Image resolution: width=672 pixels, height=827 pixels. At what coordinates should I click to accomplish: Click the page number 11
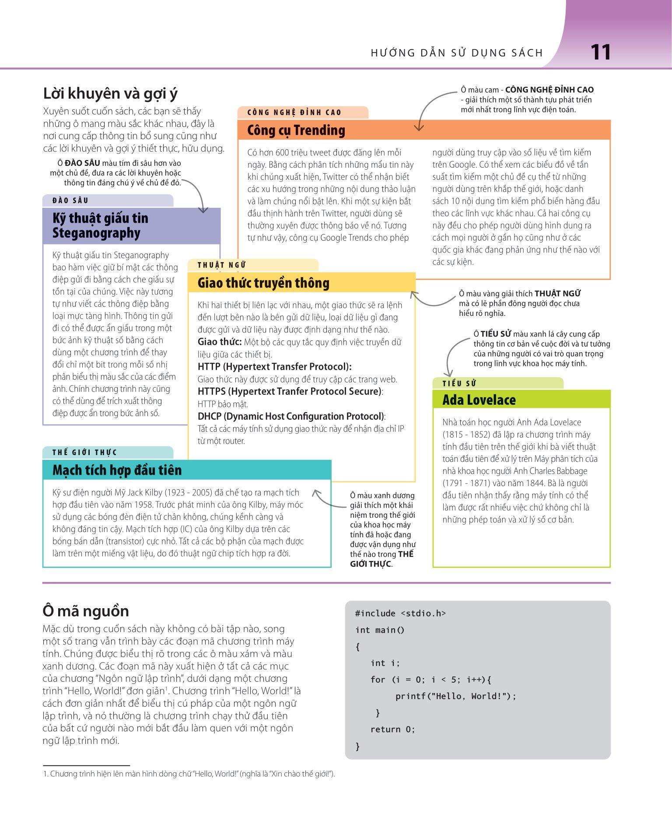[x=600, y=53]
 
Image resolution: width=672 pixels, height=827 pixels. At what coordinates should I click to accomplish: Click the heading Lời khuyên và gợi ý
[x=110, y=94]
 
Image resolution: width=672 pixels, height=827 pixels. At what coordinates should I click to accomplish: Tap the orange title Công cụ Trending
[x=296, y=130]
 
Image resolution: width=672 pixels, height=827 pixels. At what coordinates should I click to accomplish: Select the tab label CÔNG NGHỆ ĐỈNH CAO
[x=294, y=112]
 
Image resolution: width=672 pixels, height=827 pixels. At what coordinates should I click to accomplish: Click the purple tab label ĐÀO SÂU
[x=70, y=200]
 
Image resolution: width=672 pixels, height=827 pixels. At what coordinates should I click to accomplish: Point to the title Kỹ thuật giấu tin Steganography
[x=100, y=225]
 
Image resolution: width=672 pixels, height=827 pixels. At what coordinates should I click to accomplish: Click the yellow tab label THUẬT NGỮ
[x=222, y=265]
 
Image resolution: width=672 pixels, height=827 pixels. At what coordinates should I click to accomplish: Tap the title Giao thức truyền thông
[x=263, y=283]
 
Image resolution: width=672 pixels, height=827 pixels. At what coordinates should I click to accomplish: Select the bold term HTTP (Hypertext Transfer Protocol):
[x=274, y=367]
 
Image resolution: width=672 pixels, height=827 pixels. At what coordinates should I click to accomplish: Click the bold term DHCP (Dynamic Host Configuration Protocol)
[x=291, y=416]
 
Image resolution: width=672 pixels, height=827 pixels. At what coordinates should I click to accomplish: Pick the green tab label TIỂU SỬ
[x=459, y=384]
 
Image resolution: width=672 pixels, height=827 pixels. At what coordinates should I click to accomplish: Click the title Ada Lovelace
[x=479, y=400]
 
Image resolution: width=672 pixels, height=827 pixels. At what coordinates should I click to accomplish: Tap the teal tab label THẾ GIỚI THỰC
[x=84, y=452]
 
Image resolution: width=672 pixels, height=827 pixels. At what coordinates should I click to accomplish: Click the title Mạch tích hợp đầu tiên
[x=117, y=470]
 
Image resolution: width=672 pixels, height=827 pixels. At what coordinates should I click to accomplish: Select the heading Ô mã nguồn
[x=86, y=611]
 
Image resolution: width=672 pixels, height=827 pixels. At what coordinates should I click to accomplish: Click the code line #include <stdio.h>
[x=400, y=613]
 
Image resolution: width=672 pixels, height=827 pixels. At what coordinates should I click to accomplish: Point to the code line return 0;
[x=392, y=729]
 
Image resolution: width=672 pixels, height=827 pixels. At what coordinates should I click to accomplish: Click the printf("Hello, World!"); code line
[x=456, y=696]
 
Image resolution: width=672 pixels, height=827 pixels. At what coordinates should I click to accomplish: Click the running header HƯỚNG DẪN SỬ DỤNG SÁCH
[x=457, y=53]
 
